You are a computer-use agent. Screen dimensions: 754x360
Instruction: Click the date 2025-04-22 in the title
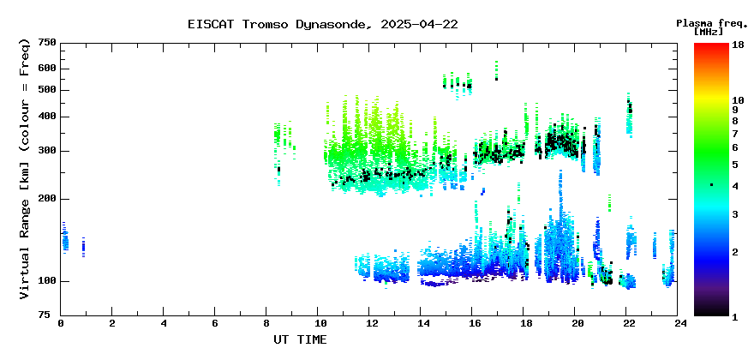pyautogui.click(x=419, y=25)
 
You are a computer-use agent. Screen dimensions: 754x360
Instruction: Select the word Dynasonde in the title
pyautogui.click(x=332, y=25)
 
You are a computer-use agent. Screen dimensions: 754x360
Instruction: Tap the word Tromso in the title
pyautogui.click(x=266, y=25)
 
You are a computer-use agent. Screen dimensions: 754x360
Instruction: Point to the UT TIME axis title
pyautogui.click(x=300, y=339)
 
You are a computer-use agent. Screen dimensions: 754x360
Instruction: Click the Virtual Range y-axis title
pyautogui.click(x=25, y=170)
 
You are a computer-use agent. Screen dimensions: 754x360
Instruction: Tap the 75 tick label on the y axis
pyautogui.click(x=51, y=315)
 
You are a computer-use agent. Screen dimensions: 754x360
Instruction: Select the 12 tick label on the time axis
pyautogui.click(x=368, y=324)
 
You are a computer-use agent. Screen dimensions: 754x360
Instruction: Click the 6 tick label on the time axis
pyautogui.click(x=214, y=324)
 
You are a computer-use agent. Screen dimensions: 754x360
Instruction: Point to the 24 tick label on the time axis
pyautogui.click(x=678, y=324)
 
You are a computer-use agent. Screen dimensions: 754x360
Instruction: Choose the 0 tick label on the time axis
pyautogui.click(x=61, y=324)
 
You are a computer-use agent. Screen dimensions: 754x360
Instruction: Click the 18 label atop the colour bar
pyautogui.click(x=738, y=46)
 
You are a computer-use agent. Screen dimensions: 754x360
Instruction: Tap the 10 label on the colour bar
pyautogui.click(x=738, y=100)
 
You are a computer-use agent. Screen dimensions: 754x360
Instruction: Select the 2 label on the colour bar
pyautogui.click(x=735, y=252)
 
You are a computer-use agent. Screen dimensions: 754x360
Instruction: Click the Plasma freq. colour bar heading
pyautogui.click(x=712, y=23)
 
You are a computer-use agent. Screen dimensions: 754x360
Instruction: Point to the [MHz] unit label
pyautogui.click(x=709, y=32)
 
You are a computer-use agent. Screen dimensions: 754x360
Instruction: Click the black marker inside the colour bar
pyautogui.click(x=712, y=185)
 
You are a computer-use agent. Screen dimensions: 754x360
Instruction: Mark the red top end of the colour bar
pyautogui.click(x=712, y=45)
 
